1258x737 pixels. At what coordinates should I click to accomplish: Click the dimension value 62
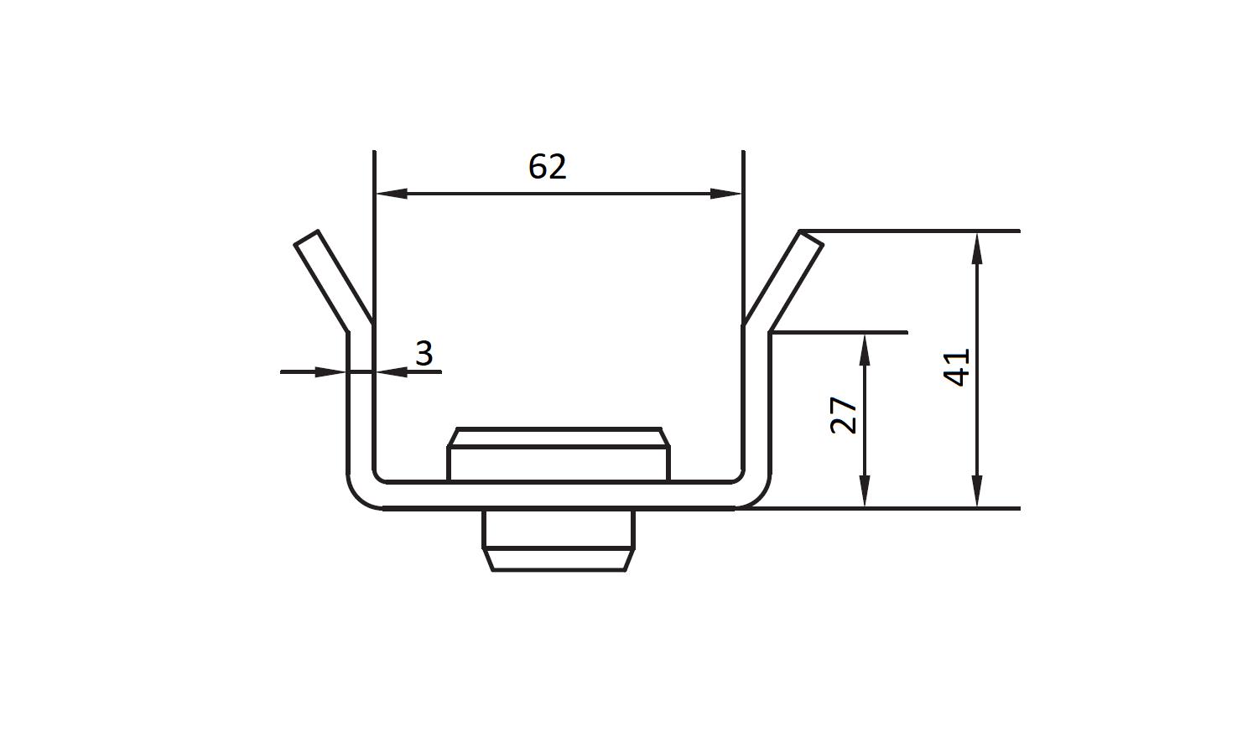click(x=548, y=167)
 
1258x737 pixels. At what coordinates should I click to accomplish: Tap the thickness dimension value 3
click(x=424, y=354)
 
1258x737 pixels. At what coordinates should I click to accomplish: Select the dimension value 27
click(x=844, y=415)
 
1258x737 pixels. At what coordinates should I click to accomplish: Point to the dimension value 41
click(x=956, y=367)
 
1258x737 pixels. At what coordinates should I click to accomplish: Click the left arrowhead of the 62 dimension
click(x=392, y=194)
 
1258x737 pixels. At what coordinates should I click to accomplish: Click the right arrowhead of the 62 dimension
click(x=726, y=194)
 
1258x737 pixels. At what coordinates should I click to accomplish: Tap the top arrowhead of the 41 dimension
click(x=977, y=248)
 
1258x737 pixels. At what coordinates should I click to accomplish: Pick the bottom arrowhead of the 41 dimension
click(x=977, y=491)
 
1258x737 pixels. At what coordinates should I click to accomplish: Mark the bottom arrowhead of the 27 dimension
click(x=865, y=491)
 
